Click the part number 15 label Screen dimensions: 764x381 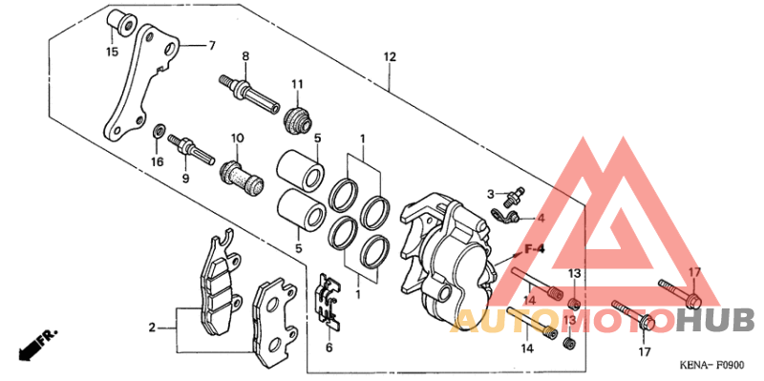113,52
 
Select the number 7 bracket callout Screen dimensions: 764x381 211,46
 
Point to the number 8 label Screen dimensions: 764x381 245,56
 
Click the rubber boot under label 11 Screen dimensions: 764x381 298,119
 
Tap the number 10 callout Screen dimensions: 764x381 237,138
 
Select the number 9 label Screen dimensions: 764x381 185,179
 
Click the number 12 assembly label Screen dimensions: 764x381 390,57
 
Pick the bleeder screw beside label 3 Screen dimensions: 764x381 514,195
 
